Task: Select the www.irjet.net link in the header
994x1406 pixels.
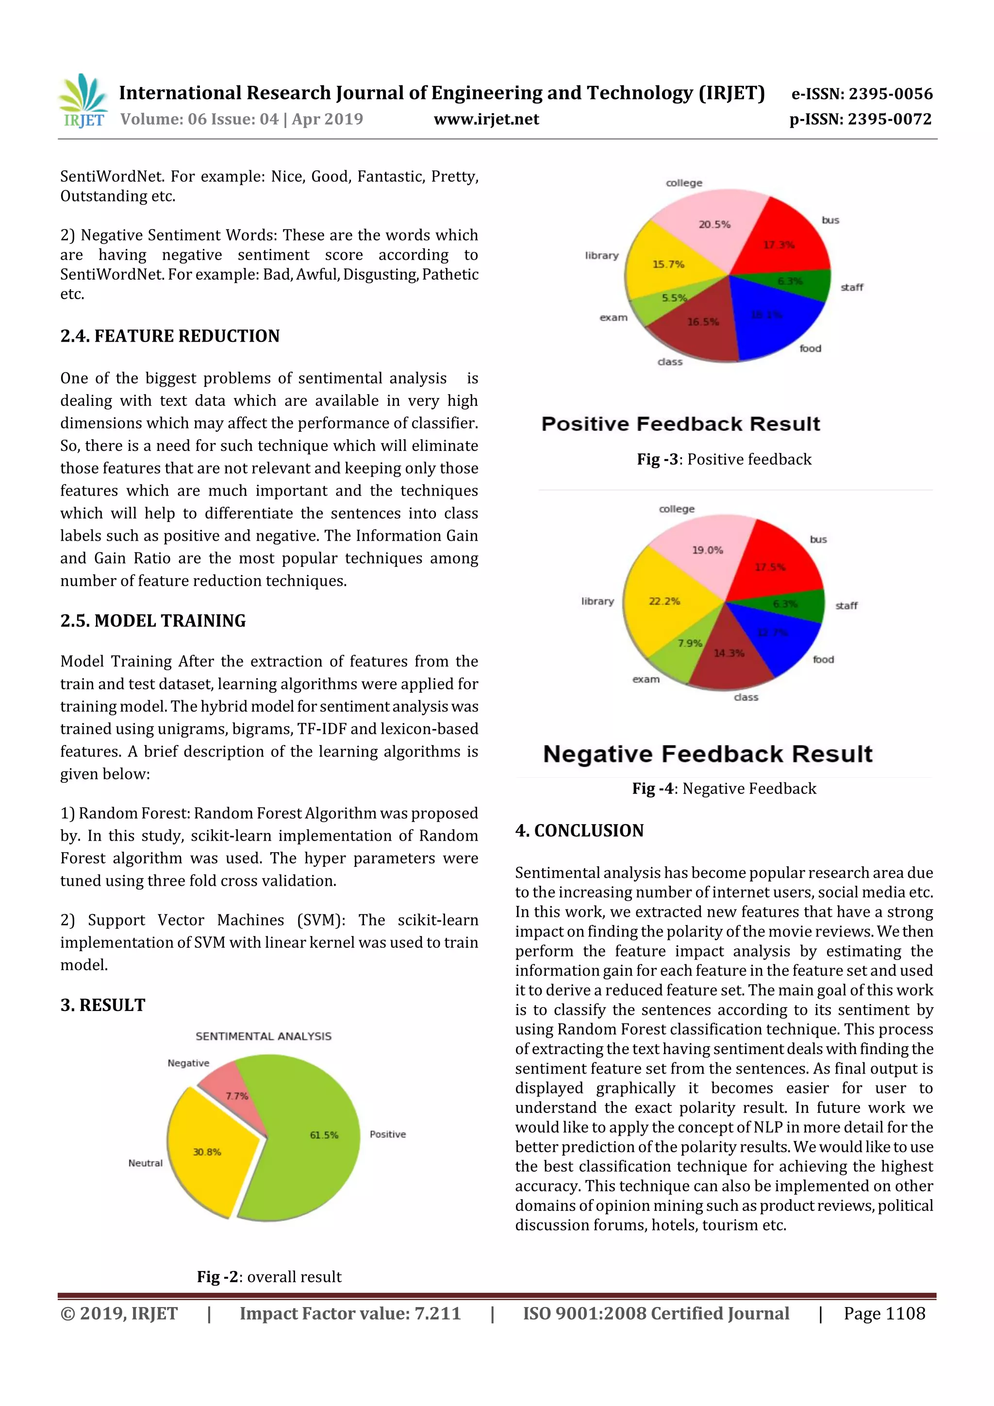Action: pos(486,119)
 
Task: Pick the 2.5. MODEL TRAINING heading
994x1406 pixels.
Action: pos(152,620)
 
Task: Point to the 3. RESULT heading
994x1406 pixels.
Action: pos(102,1005)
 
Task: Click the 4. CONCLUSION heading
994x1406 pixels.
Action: pos(580,830)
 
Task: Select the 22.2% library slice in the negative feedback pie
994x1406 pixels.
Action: pos(662,603)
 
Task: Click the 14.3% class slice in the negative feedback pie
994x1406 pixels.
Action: pos(729,655)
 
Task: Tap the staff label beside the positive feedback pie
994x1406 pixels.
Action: pos(851,287)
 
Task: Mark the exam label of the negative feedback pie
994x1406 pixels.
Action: pos(646,679)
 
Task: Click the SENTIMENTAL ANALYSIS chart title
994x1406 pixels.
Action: pos(264,1036)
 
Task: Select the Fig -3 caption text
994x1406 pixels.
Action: pos(724,459)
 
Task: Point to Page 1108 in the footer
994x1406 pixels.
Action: pos(884,1313)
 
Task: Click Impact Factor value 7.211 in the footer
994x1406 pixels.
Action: pos(350,1313)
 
